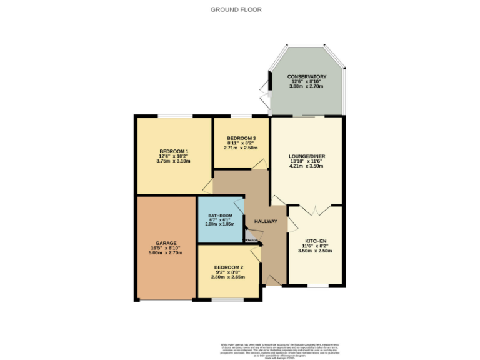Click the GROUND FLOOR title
click(236, 9)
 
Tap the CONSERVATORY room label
click(307, 76)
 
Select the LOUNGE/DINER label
click(306, 156)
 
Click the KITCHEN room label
click(316, 241)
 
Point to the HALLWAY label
click(266, 221)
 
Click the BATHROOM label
click(221, 216)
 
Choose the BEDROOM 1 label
click(174, 151)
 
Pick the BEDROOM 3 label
click(241, 138)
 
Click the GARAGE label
click(166, 243)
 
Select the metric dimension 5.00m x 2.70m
click(166, 253)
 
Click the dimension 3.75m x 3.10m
click(174, 161)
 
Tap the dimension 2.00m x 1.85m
click(221, 224)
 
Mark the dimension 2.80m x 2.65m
click(228, 277)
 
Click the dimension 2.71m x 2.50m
click(241, 148)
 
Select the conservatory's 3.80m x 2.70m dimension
click(307, 86)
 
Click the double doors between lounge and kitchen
click(316, 210)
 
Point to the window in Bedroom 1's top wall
click(175, 116)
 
